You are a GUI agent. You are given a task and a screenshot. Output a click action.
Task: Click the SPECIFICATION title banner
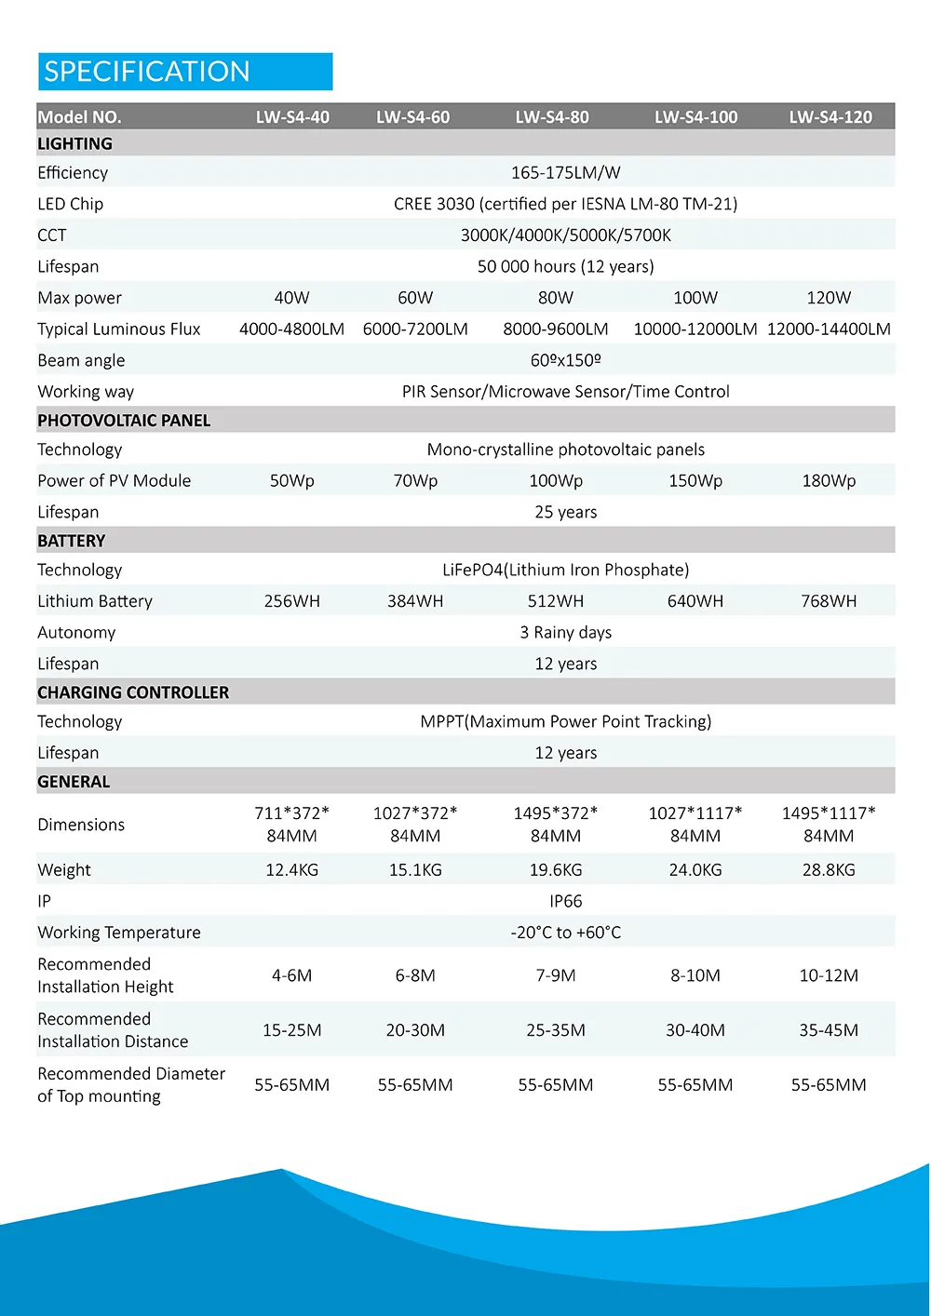[184, 72]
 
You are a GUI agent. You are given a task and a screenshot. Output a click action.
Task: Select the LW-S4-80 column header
[552, 117]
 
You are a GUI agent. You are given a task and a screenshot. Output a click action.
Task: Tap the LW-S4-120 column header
[830, 117]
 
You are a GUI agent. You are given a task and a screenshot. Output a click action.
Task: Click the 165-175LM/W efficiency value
[565, 172]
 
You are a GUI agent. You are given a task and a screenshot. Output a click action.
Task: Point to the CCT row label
[52, 235]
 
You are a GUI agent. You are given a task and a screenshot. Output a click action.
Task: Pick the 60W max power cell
[415, 298]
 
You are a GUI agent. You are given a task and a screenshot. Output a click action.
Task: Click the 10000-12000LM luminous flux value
[695, 329]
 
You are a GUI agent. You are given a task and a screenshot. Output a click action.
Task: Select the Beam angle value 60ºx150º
[565, 360]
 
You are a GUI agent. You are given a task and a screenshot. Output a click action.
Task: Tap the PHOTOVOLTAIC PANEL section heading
[124, 421]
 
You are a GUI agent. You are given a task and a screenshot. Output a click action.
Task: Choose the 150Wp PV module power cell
[695, 481]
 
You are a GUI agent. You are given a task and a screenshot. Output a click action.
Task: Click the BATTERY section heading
[72, 541]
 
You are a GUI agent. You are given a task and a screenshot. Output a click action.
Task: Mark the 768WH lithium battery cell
[829, 601]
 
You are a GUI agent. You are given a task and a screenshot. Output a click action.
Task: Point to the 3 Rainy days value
[565, 633]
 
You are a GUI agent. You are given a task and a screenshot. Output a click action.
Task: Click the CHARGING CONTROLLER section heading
[133, 692]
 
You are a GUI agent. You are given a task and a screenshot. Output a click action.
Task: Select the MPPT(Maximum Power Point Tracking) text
[565, 721]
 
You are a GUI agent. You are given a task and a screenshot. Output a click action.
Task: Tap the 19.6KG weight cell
[555, 870]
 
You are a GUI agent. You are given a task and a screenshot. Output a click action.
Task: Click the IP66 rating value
[565, 901]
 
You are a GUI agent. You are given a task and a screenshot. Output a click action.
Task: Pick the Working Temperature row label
[119, 933]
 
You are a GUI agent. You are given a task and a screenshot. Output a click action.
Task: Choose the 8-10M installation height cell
[695, 975]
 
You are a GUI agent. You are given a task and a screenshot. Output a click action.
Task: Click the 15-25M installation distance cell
[291, 1030]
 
